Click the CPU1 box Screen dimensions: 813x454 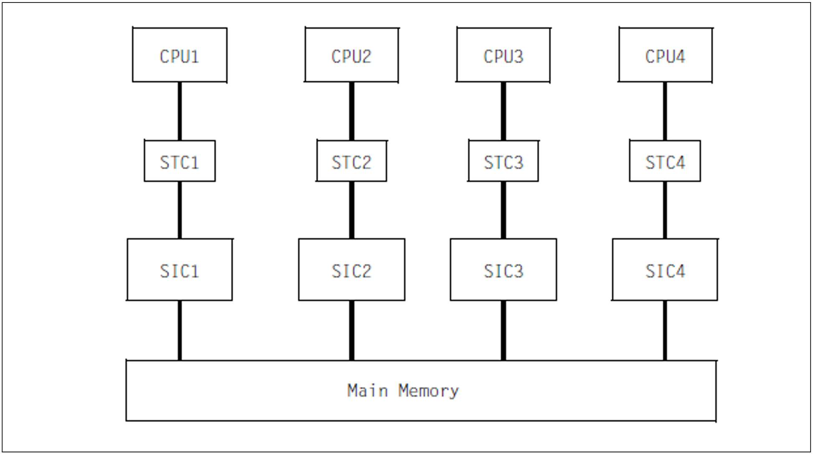[180, 55]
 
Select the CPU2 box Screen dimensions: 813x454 [351, 55]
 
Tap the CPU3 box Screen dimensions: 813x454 [503, 55]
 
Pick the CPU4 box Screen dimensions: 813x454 [665, 55]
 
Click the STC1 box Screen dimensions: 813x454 [180, 161]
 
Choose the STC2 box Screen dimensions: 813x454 [351, 161]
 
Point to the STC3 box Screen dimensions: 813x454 [503, 161]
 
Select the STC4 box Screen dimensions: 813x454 [665, 161]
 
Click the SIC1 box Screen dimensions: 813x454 [180, 270]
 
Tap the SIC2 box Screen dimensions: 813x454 [351, 270]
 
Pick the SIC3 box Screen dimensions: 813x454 [503, 270]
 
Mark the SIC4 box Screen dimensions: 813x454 [665, 270]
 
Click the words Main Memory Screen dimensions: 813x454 [403, 391]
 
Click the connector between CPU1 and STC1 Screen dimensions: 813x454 [180, 111]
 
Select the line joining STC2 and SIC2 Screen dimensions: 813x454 [351, 210]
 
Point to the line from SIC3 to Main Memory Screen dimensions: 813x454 [503, 330]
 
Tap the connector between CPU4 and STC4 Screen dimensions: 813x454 [665, 111]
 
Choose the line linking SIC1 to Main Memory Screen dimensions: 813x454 [180, 330]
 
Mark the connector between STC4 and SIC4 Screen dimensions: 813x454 [665, 210]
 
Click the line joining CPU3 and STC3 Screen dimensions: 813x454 [503, 111]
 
